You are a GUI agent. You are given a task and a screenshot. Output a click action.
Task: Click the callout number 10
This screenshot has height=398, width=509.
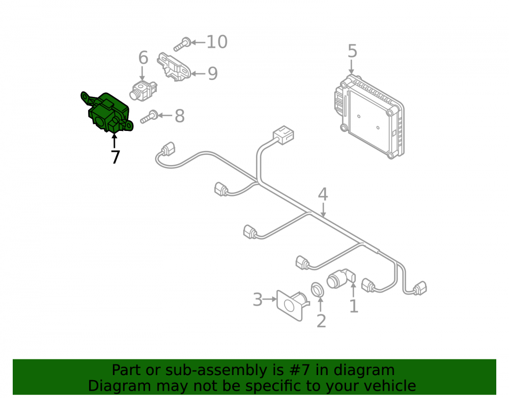pos(217,42)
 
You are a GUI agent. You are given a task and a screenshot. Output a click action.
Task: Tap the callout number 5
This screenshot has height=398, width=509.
pos(352,51)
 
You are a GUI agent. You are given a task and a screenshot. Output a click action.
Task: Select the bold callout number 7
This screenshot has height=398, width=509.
pos(115,157)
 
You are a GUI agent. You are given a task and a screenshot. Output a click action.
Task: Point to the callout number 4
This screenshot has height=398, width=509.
pos(323,194)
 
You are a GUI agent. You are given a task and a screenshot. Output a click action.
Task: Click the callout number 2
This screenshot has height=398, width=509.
pos(321,321)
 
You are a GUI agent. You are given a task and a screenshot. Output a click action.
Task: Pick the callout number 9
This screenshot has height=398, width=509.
pos(213,73)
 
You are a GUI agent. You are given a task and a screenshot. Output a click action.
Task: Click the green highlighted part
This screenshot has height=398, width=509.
pos(107,112)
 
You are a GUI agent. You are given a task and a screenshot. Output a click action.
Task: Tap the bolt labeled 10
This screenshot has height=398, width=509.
pos(182,44)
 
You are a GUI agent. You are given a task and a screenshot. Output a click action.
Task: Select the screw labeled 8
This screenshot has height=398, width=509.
pos(149,117)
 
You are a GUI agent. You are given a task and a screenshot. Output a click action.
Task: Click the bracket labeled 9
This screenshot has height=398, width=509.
pos(174,67)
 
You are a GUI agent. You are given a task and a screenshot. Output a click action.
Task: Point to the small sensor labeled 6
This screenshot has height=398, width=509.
pos(143,91)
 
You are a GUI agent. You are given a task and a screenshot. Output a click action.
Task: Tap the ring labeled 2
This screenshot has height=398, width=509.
pos(317,290)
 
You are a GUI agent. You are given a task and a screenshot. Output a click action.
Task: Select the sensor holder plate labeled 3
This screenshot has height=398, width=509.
pos(292,304)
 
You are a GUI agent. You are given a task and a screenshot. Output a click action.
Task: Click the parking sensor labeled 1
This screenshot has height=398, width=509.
pos(341,279)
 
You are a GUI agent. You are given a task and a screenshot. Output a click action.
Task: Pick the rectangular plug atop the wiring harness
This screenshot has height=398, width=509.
pos(284,135)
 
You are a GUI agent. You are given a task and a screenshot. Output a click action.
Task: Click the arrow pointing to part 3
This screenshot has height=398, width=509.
pos(270,299)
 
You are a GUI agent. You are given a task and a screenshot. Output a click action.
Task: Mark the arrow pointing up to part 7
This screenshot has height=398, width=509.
pos(114,141)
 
